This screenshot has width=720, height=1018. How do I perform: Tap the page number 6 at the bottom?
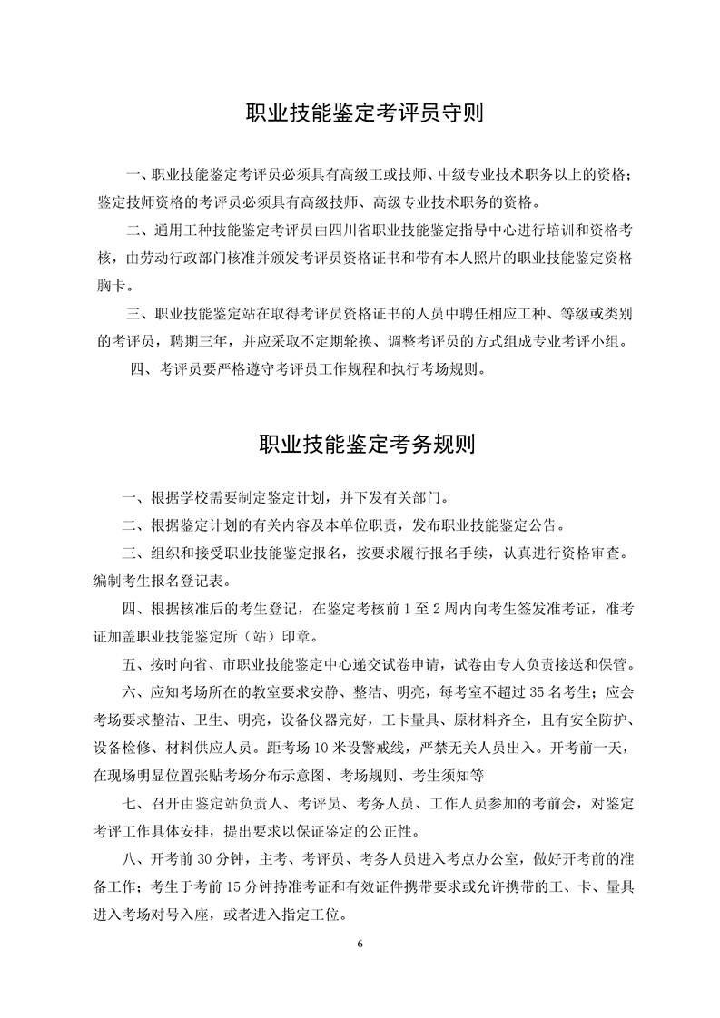click(360, 945)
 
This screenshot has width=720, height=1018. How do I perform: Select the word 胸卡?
click(112, 287)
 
